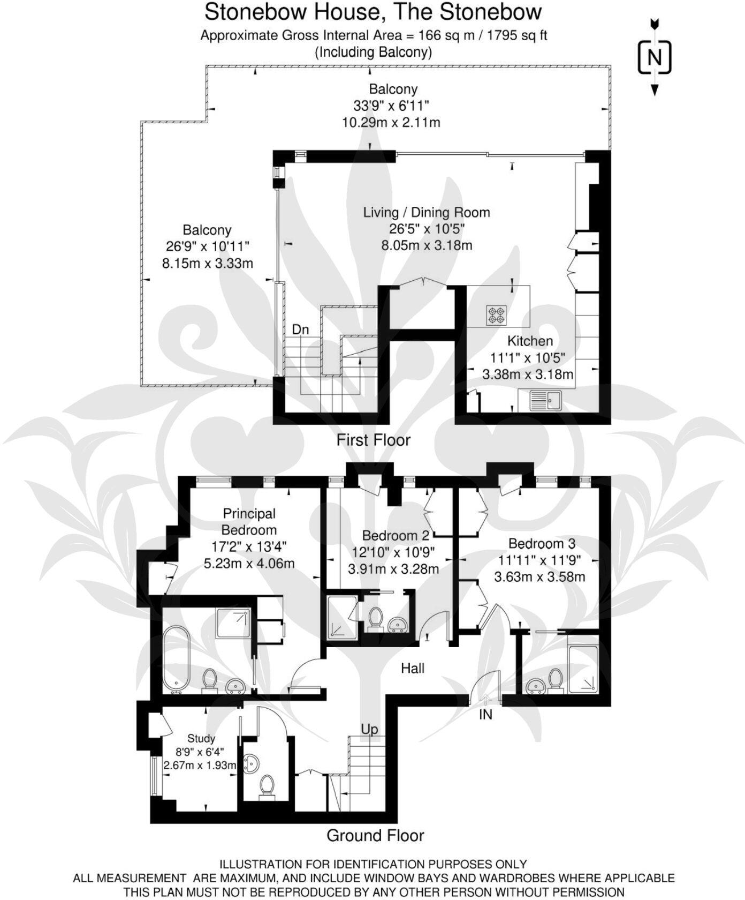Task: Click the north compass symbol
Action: tap(654, 57)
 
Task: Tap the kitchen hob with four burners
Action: tap(496, 314)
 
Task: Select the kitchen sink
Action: tap(545, 400)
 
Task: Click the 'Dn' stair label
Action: tap(300, 329)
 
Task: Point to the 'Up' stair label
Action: tap(369, 729)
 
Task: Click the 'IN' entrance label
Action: tap(485, 715)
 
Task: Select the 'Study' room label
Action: tap(201, 738)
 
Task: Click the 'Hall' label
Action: tap(413, 668)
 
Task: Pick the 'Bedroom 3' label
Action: tap(542, 544)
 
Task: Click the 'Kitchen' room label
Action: tap(530, 341)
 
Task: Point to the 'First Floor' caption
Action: tap(373, 440)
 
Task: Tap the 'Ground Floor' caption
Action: tap(375, 835)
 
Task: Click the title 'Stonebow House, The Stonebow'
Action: tap(373, 12)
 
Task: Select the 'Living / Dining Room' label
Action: tap(427, 212)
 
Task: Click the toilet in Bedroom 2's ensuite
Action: tap(375, 617)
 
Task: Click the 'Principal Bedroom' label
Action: tap(249, 522)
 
